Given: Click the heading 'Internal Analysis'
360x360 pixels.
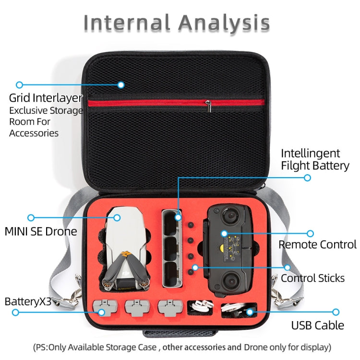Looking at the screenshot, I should click(176, 23).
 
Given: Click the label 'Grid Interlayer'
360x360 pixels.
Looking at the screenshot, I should click(46, 98).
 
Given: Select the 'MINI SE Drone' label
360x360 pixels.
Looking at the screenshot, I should click(41, 231).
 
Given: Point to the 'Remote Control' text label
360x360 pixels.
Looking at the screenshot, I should click(317, 244).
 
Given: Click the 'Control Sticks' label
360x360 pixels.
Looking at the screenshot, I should click(312, 278).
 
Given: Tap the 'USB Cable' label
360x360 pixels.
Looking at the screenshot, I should click(317, 325).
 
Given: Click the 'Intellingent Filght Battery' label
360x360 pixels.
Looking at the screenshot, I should click(315, 160).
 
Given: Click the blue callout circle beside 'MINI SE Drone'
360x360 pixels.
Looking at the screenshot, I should click(31, 217).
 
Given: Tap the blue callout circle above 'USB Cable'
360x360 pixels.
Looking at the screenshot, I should click(336, 312).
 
